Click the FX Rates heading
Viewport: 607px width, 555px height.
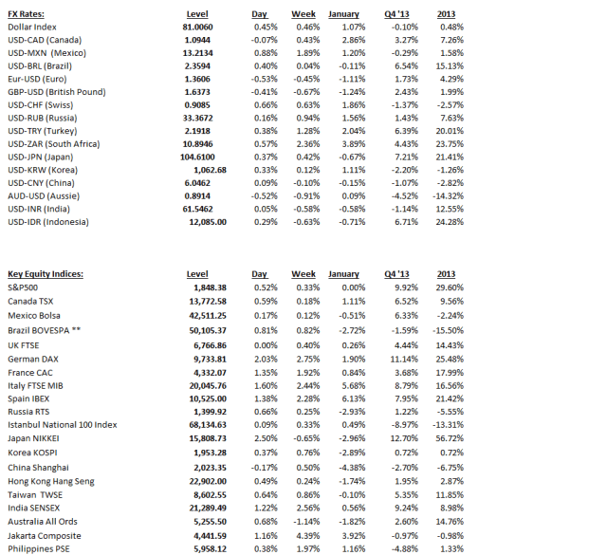click(x=27, y=15)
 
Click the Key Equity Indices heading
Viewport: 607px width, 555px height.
click(x=46, y=274)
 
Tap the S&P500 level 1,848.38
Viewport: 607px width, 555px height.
click(x=208, y=287)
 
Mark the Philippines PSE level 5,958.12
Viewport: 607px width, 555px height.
click(x=208, y=548)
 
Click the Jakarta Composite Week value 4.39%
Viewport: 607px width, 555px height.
click(x=303, y=535)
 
